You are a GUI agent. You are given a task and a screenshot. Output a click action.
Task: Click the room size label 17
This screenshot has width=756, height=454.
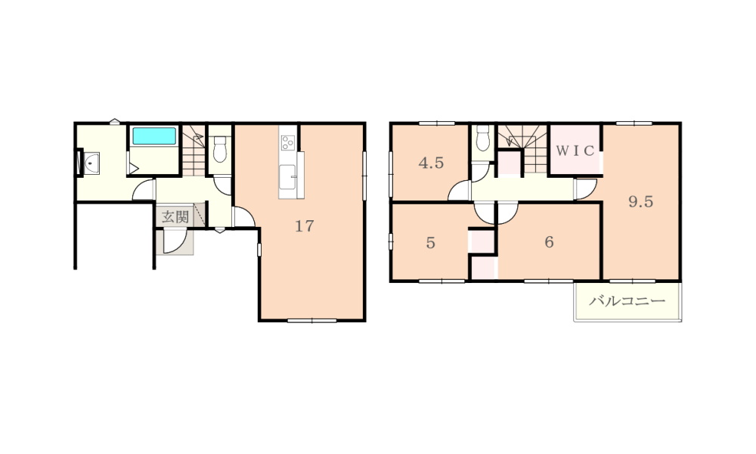click(x=304, y=225)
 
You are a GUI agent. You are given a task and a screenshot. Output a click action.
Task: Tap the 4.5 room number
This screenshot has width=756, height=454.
click(x=431, y=163)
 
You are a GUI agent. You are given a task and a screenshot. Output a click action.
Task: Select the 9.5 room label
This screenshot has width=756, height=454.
click(x=641, y=201)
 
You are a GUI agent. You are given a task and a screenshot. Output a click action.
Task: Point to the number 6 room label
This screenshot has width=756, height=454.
click(x=549, y=241)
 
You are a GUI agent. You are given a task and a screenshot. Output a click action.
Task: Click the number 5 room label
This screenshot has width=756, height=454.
click(x=431, y=242)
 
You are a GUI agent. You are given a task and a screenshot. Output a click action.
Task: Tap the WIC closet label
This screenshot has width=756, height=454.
click(x=575, y=151)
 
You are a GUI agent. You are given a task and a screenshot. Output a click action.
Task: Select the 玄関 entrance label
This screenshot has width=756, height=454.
click(x=175, y=216)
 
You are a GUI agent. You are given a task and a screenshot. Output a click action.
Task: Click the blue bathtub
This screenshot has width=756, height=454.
click(x=154, y=136)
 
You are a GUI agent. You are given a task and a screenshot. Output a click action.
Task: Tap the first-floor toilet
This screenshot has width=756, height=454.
click(x=220, y=149)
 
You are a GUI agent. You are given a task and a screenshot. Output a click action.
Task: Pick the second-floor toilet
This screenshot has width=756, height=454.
click(x=482, y=138)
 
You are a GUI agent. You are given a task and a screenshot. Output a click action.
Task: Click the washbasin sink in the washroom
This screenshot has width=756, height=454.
click(x=91, y=163)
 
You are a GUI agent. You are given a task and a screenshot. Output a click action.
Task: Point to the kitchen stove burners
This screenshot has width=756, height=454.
click(x=288, y=143)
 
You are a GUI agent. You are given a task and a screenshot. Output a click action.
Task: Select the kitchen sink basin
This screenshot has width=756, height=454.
click(x=288, y=176)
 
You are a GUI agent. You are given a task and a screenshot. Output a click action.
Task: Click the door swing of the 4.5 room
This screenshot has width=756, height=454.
click(x=460, y=191)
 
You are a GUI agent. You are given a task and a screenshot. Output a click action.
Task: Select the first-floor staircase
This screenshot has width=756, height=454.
click(x=194, y=150)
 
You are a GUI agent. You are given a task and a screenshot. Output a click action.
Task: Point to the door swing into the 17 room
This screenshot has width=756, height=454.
click(x=243, y=217)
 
